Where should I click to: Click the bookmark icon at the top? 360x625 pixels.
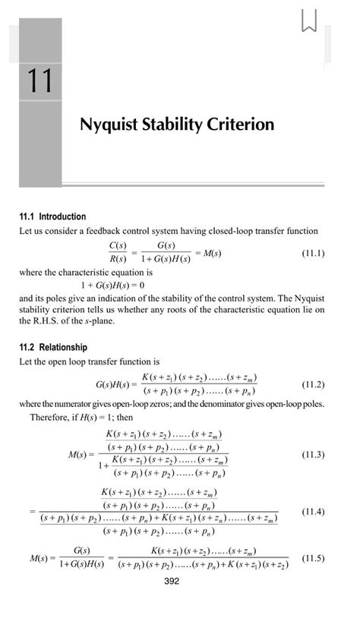pyautogui.click(x=308, y=20)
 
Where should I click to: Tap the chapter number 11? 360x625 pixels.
pyautogui.click(x=40, y=81)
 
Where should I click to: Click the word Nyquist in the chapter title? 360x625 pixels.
pyautogui.click(x=110, y=125)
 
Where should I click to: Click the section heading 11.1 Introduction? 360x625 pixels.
pyautogui.click(x=52, y=216)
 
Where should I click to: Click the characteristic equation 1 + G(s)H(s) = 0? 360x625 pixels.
pyautogui.click(x=112, y=284)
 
